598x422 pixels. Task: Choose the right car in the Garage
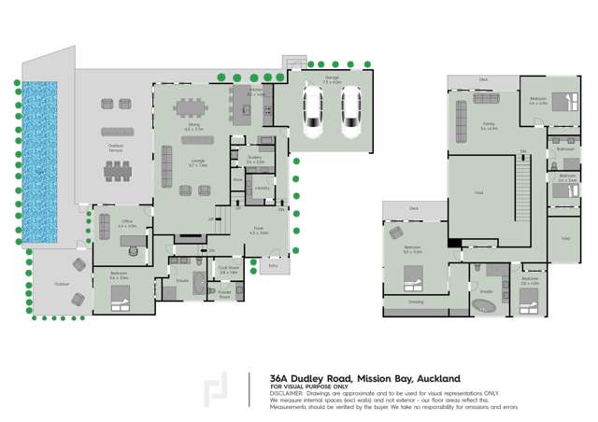point(350,113)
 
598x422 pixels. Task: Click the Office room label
point(128,222)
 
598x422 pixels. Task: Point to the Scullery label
point(254,159)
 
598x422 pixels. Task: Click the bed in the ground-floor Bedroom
point(121,298)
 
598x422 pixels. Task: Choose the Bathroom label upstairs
point(566,148)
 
